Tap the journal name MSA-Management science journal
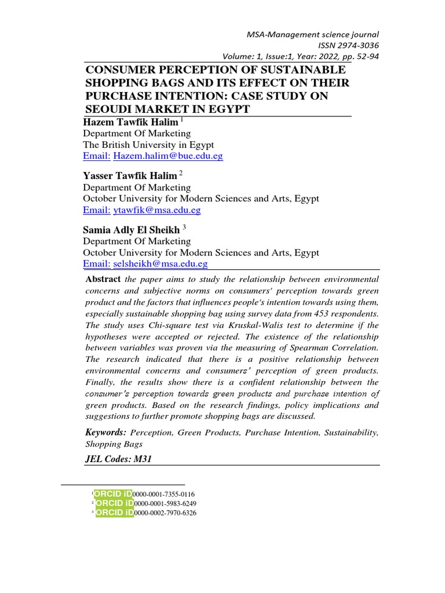pos(313,35)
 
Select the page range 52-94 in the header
pos(364,56)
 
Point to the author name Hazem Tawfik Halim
pos(130,122)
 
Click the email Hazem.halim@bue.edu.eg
pos(168,156)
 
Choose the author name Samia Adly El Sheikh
pos(132,230)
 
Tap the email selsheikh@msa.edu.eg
pos(161,264)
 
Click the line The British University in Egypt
pos(148,145)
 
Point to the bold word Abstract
pos(103,279)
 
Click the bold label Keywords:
pos(105,433)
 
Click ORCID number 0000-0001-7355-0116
pos(164,494)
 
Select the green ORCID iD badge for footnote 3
pos(114,513)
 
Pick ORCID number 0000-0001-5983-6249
pos(164,503)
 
